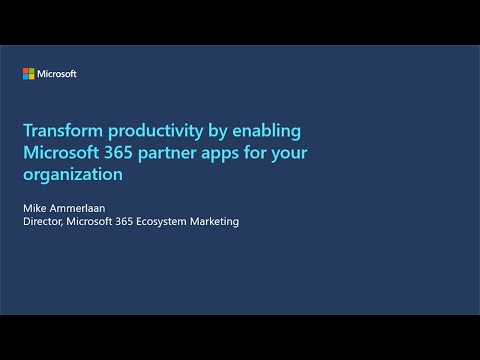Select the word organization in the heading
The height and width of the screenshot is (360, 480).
tap(73, 174)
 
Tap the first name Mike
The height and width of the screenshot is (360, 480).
tap(35, 207)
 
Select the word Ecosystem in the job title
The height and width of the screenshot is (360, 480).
tap(161, 221)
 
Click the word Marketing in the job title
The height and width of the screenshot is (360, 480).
tap(215, 221)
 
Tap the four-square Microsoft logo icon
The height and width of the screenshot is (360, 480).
tap(29, 73)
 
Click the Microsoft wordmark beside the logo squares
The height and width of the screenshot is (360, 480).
tap(56, 73)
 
